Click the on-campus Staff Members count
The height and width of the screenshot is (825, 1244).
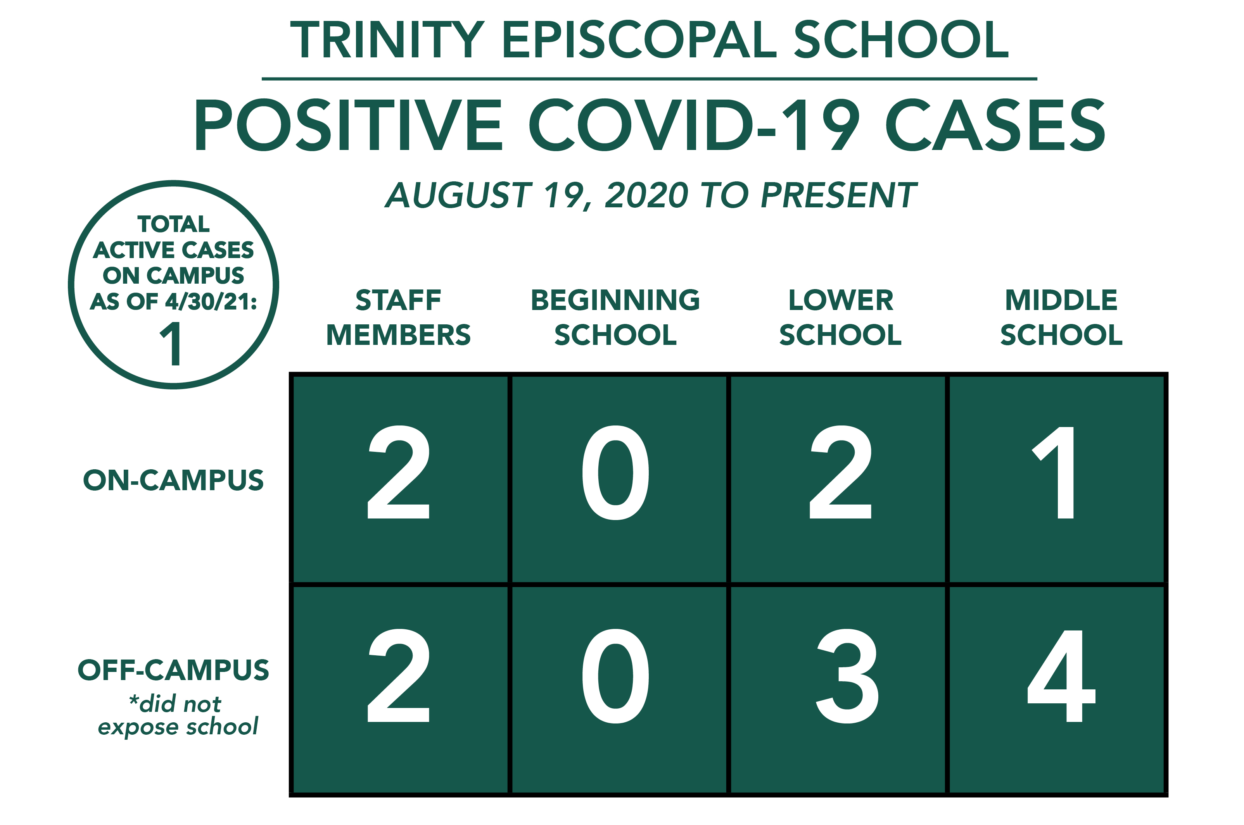399,472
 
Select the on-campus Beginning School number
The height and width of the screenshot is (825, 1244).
615,472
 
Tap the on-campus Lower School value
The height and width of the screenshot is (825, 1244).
840,472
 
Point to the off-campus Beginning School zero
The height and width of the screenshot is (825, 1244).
615,676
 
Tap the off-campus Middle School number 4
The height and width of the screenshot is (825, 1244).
1061,676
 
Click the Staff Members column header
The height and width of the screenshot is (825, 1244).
399,317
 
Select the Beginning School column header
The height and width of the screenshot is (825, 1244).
615,317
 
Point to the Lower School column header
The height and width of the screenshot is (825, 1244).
841,317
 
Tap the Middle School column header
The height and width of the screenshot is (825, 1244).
1061,317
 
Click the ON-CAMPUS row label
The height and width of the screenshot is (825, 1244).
173,481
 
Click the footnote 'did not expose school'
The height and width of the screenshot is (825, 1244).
178,715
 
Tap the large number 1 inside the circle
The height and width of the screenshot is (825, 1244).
171,344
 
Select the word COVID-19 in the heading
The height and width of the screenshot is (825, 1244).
694,125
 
